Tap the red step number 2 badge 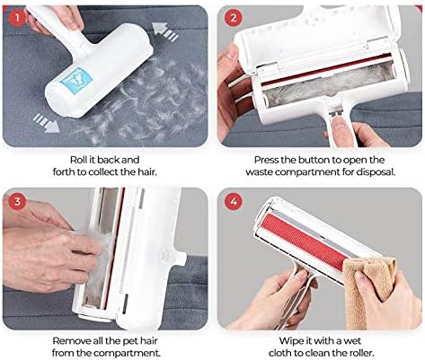point(232,17)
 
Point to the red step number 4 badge point(232,201)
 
